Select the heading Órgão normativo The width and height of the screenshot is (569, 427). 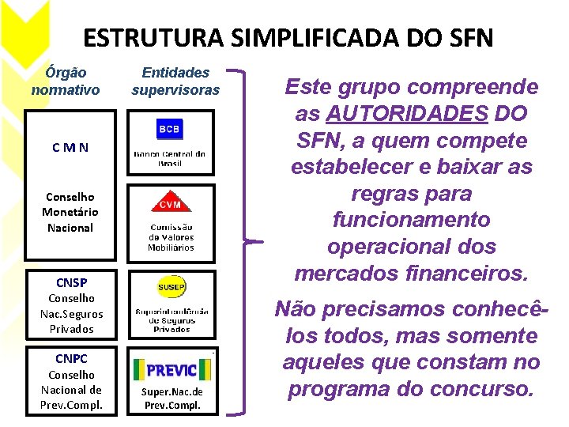pos(66,81)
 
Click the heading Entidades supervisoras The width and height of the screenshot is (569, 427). pos(175,81)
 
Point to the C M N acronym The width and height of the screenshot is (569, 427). pos(70,148)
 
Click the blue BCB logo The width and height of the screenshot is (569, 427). pos(169,129)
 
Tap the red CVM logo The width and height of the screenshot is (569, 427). pos(170,204)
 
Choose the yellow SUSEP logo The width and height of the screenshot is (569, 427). pos(171,284)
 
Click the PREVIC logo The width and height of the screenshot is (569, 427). pos(171,368)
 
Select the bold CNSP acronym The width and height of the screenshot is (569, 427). pos(71,282)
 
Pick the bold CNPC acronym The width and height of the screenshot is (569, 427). pos(71,358)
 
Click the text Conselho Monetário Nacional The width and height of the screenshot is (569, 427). pos(70,212)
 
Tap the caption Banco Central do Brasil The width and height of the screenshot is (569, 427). pos(170,158)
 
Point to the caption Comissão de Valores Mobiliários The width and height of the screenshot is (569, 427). pos(171,237)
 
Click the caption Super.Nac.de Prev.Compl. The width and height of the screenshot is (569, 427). pos(172,399)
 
